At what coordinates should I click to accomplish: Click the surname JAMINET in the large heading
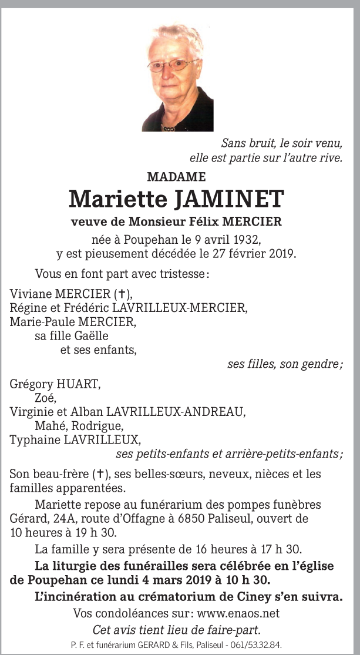229,199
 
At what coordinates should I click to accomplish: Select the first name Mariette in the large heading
117,199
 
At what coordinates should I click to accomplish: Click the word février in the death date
250,254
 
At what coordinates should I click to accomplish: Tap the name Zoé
45,398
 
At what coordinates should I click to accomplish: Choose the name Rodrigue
101,425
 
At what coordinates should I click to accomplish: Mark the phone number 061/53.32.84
258,644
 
